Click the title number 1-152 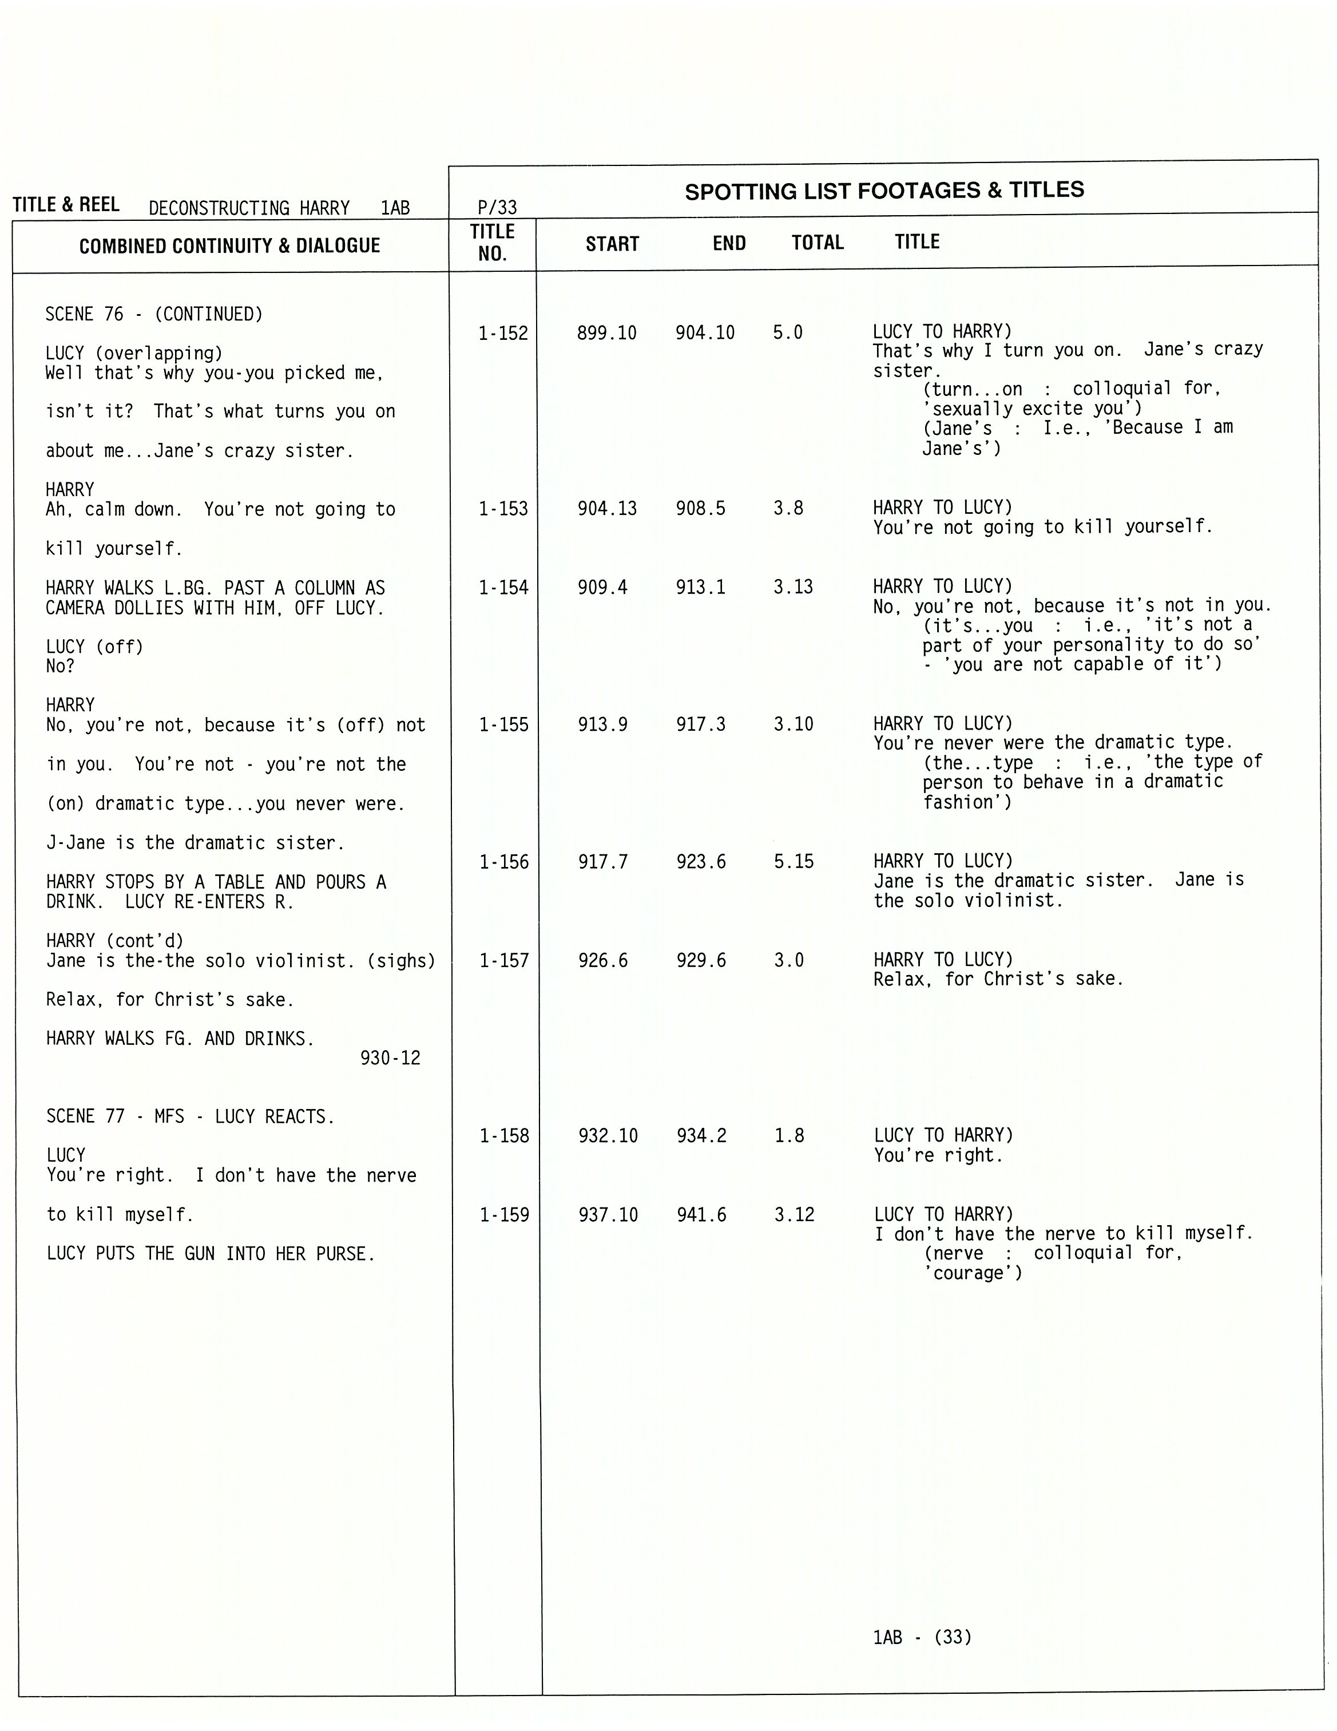coord(502,334)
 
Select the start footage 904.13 coord(606,509)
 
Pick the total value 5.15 coord(794,862)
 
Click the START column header coord(612,244)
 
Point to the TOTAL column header coord(817,243)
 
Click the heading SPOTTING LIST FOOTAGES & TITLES coord(884,191)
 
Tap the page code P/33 coord(497,208)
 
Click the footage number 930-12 coord(390,1058)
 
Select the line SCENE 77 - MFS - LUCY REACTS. coord(190,1117)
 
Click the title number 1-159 coord(504,1215)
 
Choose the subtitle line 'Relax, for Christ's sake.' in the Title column coord(998,980)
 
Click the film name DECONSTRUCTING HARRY coord(249,208)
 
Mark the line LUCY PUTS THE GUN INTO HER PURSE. coord(210,1254)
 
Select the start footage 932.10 coord(608,1136)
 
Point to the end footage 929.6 coord(701,961)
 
